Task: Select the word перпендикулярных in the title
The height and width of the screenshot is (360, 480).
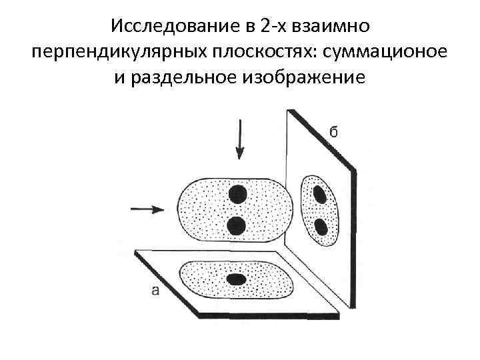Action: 107,51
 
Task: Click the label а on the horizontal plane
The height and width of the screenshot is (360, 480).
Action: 155,289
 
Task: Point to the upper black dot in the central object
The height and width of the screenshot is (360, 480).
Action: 237,195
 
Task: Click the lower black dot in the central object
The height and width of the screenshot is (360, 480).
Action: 236,226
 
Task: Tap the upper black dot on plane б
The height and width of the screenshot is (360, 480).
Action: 319,194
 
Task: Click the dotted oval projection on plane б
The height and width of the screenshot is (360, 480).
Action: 311,211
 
